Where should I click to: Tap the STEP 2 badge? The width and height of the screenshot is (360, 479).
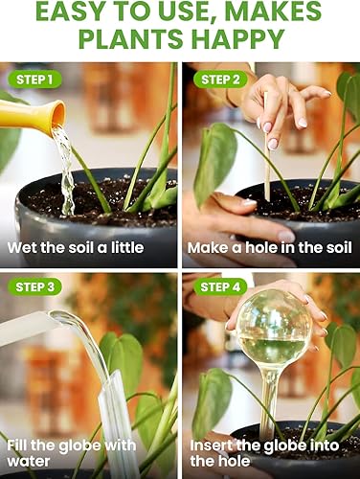coord(214,79)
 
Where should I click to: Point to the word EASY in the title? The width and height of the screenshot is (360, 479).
coord(62,12)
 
